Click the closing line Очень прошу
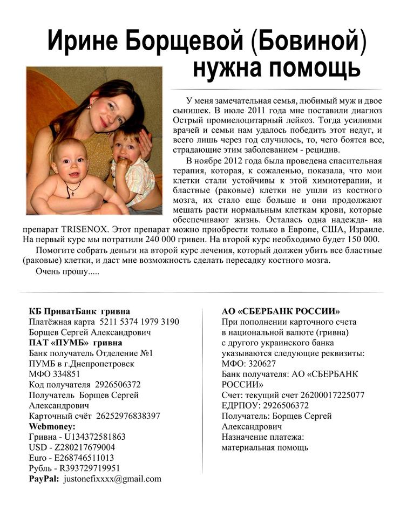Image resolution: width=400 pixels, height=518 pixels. coord(67,271)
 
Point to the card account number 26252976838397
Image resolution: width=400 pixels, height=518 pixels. coord(128,415)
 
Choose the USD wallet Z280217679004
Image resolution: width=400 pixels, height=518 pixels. coord(81,447)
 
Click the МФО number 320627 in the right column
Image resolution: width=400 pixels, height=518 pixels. coord(261,364)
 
